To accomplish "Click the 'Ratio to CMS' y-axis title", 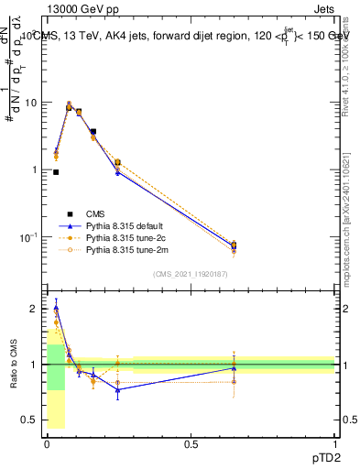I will [15, 365].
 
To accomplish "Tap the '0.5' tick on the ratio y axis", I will [32, 420].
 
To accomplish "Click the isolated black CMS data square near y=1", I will [56, 172].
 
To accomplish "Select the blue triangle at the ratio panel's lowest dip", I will [117, 390].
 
